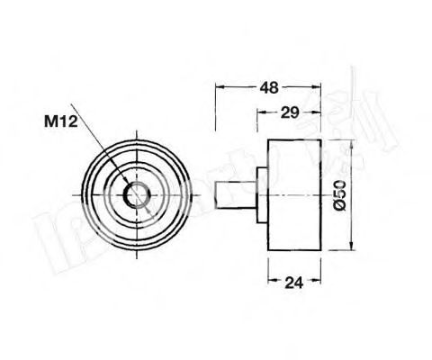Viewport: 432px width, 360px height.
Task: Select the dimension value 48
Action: click(267, 88)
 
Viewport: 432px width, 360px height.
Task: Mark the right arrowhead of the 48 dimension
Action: click(319, 88)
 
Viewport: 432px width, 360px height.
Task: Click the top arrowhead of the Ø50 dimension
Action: click(351, 144)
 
